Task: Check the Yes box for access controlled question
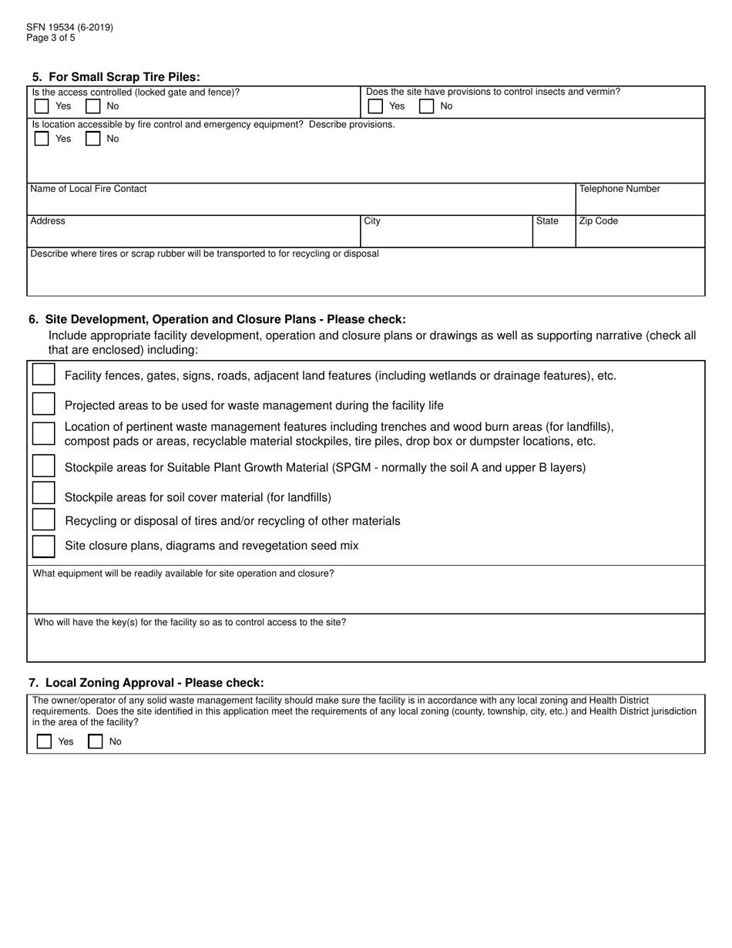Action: [x=42, y=106]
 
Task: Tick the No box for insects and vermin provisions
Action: [x=426, y=106]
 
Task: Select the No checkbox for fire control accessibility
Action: [x=92, y=139]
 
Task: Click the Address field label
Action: [x=48, y=221]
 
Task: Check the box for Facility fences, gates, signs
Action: [x=44, y=375]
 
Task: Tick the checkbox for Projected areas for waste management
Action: [x=44, y=405]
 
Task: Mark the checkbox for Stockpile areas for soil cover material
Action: [x=44, y=493]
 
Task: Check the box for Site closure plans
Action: [x=44, y=546]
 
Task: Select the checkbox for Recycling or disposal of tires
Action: [x=44, y=520]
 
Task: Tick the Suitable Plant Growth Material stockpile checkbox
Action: [x=44, y=466]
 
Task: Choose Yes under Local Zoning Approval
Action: [x=45, y=741]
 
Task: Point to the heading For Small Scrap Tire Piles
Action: [x=116, y=77]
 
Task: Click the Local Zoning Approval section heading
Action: [x=146, y=683]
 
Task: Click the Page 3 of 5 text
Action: [x=51, y=38]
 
